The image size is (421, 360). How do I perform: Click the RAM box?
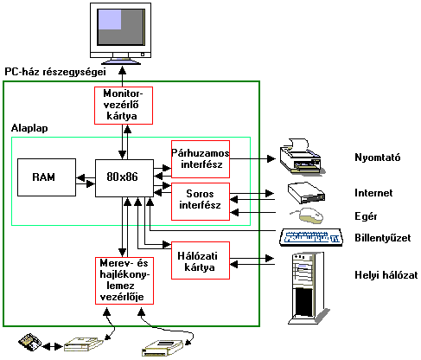coord(47,177)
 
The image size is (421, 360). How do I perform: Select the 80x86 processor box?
coord(124,178)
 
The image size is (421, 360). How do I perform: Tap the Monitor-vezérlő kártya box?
coord(124,106)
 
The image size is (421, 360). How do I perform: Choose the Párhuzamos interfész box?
coord(201,159)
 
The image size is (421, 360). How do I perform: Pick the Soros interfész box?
coord(201,202)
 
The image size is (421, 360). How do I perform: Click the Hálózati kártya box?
coord(201,260)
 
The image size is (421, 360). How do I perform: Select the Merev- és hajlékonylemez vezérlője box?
coord(124,280)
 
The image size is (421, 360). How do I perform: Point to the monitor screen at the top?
coord(121,27)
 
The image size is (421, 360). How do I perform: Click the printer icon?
coord(302,157)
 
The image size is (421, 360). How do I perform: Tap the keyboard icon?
coord(311,237)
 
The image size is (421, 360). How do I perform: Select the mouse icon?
coord(307,215)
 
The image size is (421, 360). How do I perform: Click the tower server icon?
coord(309,288)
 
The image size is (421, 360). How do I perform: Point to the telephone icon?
coord(29,343)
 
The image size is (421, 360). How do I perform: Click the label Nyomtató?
coord(378,157)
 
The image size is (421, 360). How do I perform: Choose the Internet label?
coord(373,193)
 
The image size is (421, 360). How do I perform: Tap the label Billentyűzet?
coord(383,238)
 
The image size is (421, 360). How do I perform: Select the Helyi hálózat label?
coord(386,275)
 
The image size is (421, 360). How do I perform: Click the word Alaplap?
coord(29,128)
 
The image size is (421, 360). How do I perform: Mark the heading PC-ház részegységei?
coord(55,72)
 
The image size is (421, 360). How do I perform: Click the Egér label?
coord(366,216)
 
